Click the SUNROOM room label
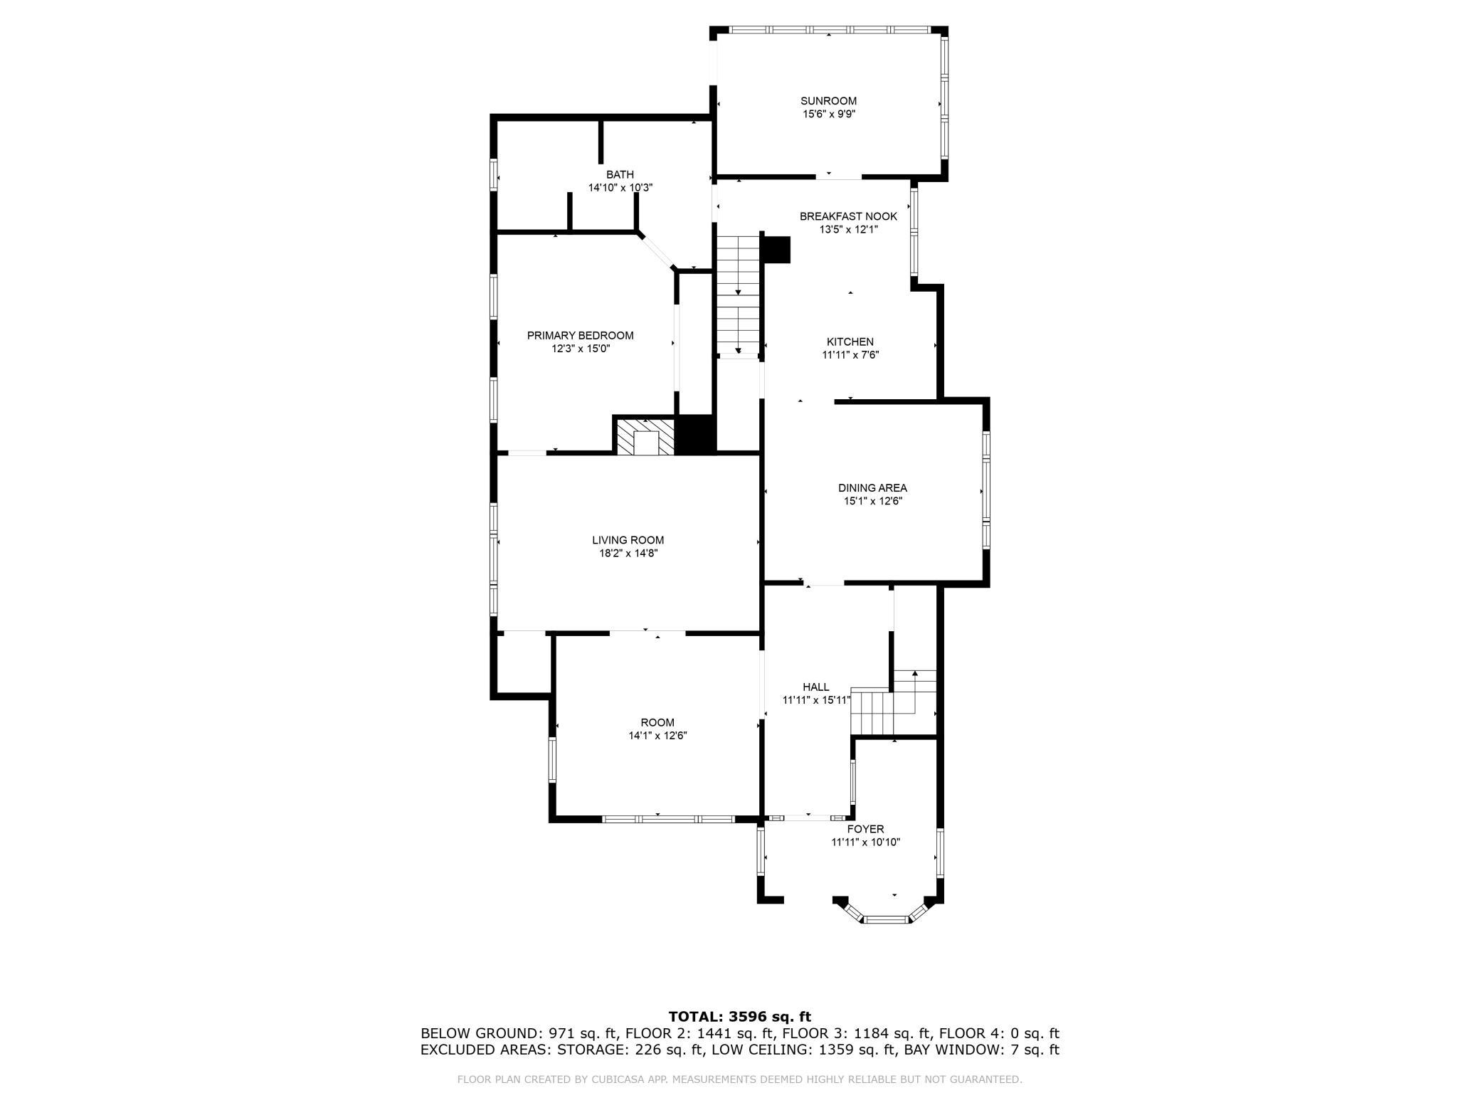click(828, 101)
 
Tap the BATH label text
click(620, 175)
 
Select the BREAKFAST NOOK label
click(848, 217)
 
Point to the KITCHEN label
click(850, 342)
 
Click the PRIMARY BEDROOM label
click(580, 336)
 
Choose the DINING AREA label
click(872, 488)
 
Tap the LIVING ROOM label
click(628, 541)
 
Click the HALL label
click(816, 687)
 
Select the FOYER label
click(865, 830)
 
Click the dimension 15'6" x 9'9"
click(828, 114)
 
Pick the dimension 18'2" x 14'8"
click(628, 554)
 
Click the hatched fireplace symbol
click(645, 437)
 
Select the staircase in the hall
click(894, 703)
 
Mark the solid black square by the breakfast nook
click(776, 250)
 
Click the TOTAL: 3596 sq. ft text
click(740, 1017)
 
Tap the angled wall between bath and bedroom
click(657, 251)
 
